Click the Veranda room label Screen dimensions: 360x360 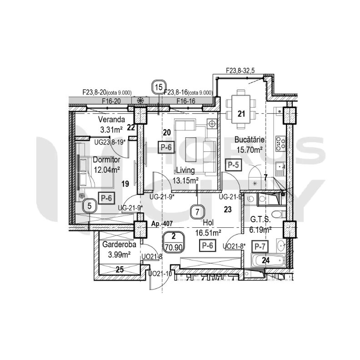pyautogui.click(x=111, y=120)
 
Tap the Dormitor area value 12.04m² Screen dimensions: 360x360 pyautogui.click(x=107, y=170)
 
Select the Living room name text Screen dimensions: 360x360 pyautogui.click(x=185, y=170)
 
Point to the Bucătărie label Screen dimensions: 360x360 pyautogui.click(x=250, y=140)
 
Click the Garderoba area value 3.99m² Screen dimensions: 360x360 pyautogui.click(x=119, y=255)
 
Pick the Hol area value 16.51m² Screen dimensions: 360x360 pyautogui.click(x=208, y=233)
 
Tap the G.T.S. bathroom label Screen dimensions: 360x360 pyautogui.click(x=260, y=220)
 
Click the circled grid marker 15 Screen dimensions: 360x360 pyautogui.click(x=159, y=87)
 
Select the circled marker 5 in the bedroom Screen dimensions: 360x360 pyautogui.click(x=90, y=206)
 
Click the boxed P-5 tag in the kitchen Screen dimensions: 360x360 pyautogui.click(x=234, y=165)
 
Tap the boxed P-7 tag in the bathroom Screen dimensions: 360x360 pyautogui.click(x=260, y=246)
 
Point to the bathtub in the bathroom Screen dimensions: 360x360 pyautogui.click(x=268, y=260)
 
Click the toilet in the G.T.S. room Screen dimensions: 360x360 pyautogui.click(x=279, y=215)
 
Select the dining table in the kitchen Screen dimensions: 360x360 pyautogui.click(x=241, y=109)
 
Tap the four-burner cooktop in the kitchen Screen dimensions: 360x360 pyautogui.click(x=281, y=144)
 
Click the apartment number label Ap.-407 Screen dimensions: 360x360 pyautogui.click(x=162, y=223)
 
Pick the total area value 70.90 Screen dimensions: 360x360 pyautogui.click(x=174, y=248)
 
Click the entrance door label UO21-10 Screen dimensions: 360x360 pyautogui.click(x=160, y=274)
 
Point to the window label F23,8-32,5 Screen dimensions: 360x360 pyautogui.click(x=240, y=70)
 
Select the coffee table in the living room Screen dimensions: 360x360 pyautogui.click(x=191, y=150)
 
